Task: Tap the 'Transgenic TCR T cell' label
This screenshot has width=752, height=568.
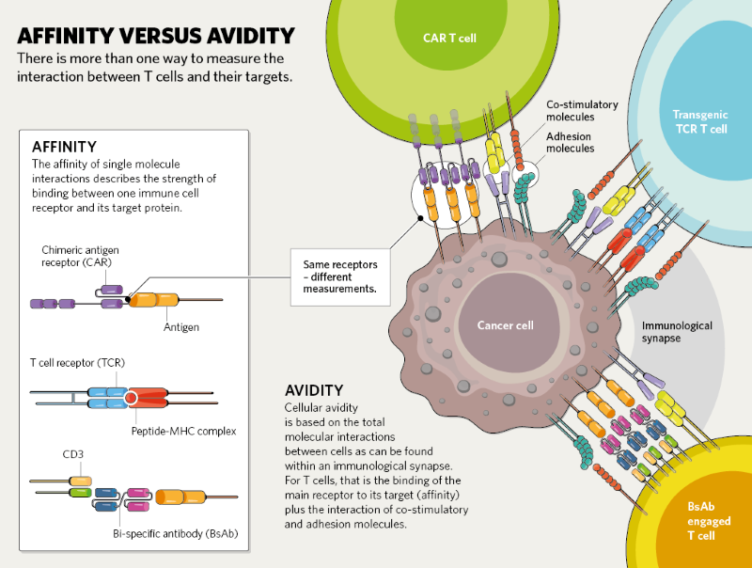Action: point(699,121)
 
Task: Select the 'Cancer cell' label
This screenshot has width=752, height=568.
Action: point(505,325)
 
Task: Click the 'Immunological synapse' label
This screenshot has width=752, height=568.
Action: point(677,331)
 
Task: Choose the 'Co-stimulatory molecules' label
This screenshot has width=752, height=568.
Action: point(583,111)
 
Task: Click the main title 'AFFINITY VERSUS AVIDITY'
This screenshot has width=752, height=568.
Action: point(156,37)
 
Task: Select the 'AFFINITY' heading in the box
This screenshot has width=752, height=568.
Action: point(64,147)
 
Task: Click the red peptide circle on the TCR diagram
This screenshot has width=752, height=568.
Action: point(131,398)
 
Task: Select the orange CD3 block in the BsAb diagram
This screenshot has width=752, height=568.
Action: point(81,481)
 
